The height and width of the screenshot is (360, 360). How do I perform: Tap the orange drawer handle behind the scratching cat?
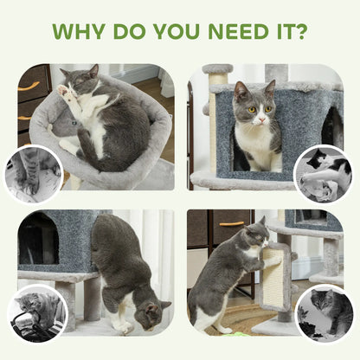[231, 224]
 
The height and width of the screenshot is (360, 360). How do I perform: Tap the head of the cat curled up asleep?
[80, 80]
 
